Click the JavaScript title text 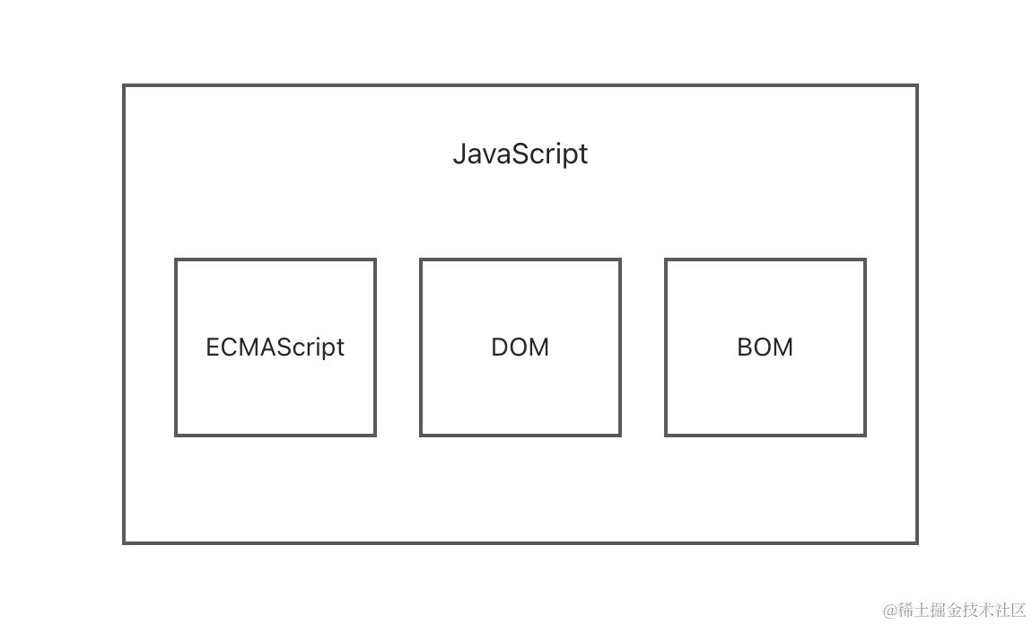[520, 154]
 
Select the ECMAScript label [275, 348]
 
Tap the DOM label [520, 348]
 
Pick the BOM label [765, 348]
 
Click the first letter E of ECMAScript [213, 348]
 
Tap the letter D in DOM [500, 348]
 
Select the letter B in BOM [744, 348]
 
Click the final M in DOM [540, 348]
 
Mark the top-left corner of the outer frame [124, 86]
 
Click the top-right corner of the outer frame [916, 86]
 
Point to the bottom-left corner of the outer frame [124, 542]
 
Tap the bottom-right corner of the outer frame [916, 542]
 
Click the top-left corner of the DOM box [421, 260]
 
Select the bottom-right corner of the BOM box [865, 436]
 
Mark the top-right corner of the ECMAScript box [375, 260]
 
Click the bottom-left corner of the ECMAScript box [176, 436]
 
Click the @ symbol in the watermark [890, 611]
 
